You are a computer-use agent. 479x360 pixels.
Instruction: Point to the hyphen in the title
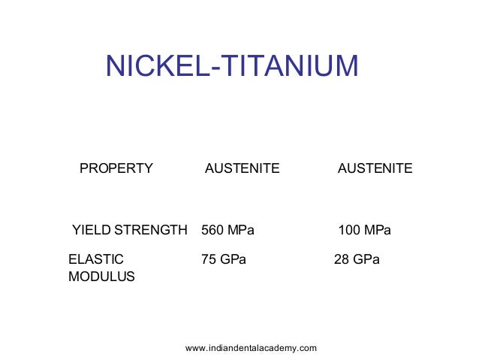point(212,68)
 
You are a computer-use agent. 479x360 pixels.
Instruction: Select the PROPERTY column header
point(116,168)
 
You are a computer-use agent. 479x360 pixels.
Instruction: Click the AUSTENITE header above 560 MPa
point(242,168)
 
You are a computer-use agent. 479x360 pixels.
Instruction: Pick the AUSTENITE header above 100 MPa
point(375,168)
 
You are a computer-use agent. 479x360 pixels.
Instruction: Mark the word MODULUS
point(101,277)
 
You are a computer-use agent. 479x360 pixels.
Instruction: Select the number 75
point(209,259)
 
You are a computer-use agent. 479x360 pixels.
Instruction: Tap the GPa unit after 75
point(233,259)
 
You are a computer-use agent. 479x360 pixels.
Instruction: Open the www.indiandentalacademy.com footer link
point(251,347)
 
